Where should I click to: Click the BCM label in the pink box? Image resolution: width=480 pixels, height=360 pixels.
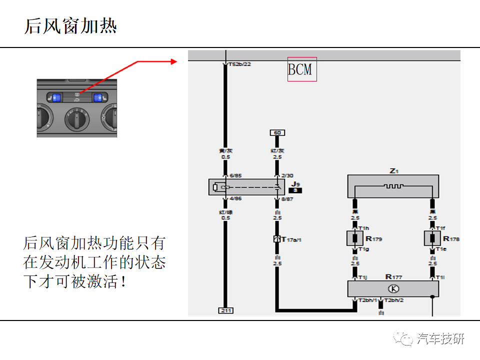pos(302,69)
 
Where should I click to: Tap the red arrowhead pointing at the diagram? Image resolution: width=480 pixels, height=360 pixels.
pos(174,61)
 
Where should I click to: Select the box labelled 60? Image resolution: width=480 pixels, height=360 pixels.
pos(277,132)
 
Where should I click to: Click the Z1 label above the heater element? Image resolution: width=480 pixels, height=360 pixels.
pos(393,171)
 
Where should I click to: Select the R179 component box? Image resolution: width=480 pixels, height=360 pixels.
pos(355,238)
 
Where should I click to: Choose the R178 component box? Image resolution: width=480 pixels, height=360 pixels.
pos(432,238)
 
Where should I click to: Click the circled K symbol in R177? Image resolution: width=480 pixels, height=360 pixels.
pos(393,288)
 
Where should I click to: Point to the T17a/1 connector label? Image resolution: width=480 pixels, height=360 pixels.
pos(291,239)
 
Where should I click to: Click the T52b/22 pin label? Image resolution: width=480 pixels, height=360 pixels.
pos(239,64)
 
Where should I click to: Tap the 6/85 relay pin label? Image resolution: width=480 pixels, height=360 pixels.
pos(235,175)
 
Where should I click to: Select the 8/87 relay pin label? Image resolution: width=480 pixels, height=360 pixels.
pos(287,198)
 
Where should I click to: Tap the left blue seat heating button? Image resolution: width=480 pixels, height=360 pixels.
pos(56,97)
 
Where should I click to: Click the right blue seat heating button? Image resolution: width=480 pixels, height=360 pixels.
pos(97,97)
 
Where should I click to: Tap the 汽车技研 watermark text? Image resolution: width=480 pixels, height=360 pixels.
pos(440,338)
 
